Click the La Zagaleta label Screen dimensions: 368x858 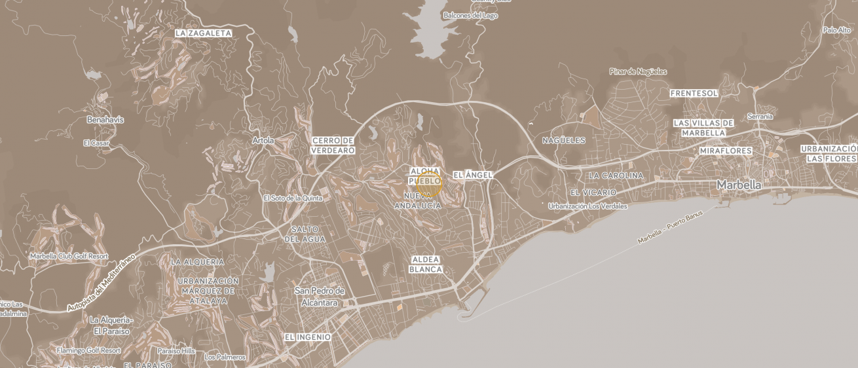click(x=203, y=33)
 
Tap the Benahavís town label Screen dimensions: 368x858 click(x=105, y=120)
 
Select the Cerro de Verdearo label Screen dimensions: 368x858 click(x=333, y=145)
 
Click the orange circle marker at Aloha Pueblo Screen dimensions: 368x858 click(x=429, y=184)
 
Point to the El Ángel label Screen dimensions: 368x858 click(x=472, y=175)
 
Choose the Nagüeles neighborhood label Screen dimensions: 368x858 click(x=563, y=141)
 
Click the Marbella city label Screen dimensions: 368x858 click(x=739, y=185)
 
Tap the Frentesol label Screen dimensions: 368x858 click(x=694, y=94)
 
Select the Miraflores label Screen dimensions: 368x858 click(x=726, y=151)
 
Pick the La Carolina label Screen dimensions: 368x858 click(x=616, y=176)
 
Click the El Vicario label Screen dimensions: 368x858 click(x=593, y=193)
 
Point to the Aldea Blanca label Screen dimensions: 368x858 click(x=426, y=265)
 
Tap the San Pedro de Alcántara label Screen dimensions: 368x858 click(x=320, y=297)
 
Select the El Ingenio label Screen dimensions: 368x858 click(x=307, y=337)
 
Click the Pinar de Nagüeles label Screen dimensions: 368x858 click(x=637, y=71)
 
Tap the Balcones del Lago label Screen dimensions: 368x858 click(x=470, y=16)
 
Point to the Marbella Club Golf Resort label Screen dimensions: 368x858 click(x=69, y=256)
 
